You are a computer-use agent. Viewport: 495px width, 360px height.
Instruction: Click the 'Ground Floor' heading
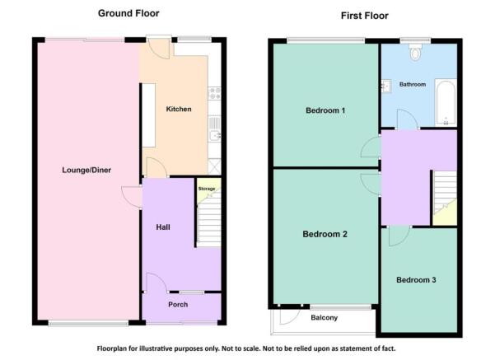128,13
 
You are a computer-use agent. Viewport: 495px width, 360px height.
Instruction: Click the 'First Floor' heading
364,16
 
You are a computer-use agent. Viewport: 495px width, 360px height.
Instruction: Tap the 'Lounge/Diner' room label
86,171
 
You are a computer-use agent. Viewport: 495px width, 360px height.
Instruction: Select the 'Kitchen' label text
179,110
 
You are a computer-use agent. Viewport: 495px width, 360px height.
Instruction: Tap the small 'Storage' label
207,189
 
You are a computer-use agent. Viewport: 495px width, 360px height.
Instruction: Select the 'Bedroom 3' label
416,280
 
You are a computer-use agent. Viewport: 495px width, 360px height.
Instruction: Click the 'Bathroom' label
413,84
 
